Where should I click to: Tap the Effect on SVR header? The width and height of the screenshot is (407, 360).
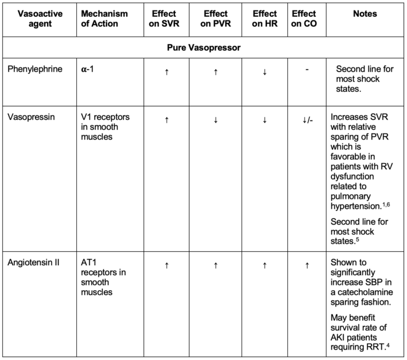(x=166, y=19)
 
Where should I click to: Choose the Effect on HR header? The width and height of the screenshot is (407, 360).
(x=265, y=19)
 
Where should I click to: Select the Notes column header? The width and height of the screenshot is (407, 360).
(x=365, y=13)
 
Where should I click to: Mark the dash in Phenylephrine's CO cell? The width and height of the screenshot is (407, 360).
(x=306, y=70)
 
